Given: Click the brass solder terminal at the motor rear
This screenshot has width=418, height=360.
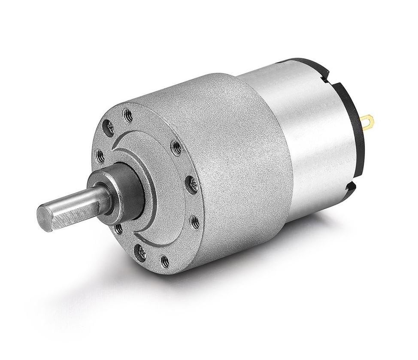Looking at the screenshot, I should [367, 123].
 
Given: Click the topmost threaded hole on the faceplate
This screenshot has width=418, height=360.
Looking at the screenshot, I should [127, 115].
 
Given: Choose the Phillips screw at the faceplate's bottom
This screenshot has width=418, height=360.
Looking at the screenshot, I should [140, 253].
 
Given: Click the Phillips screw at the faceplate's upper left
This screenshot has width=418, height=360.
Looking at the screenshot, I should [108, 128].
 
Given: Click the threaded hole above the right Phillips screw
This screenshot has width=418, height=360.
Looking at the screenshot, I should [176, 147].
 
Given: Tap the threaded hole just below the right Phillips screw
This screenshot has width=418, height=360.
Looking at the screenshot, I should [194, 222].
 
